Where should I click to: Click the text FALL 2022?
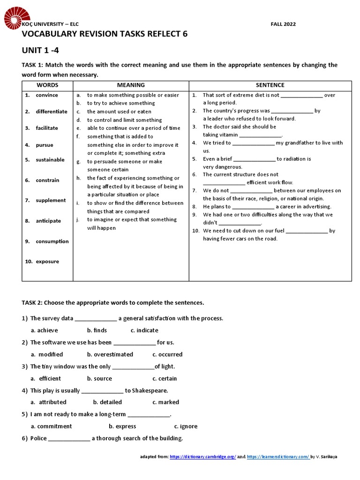point(284,24)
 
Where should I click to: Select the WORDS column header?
point(47,85)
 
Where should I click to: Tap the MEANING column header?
point(131,85)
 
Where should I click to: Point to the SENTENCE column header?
point(270,85)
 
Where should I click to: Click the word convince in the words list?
point(47,95)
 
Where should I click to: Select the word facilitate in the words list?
point(47,128)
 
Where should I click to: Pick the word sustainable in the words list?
point(50,160)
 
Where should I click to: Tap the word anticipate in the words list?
point(48,221)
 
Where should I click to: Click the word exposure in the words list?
point(47,262)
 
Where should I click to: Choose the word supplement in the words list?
point(51,201)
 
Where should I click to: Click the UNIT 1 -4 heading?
point(40,51)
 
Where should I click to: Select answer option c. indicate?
point(144,330)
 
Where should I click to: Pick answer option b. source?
point(99,378)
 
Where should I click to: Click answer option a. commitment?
point(52,427)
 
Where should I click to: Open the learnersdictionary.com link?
point(277,457)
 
